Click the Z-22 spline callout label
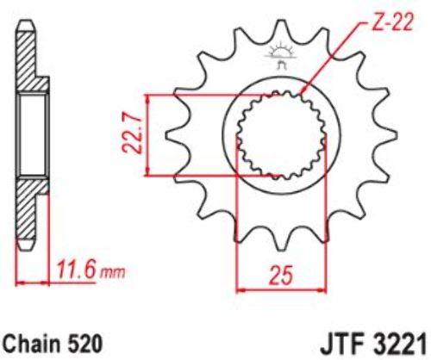pyautogui.click(x=393, y=22)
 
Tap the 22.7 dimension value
pyautogui.click(x=133, y=134)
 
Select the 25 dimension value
pyautogui.click(x=282, y=275)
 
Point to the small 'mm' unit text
pyautogui.click(x=112, y=273)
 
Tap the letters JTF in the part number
pyautogui.click(x=339, y=344)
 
